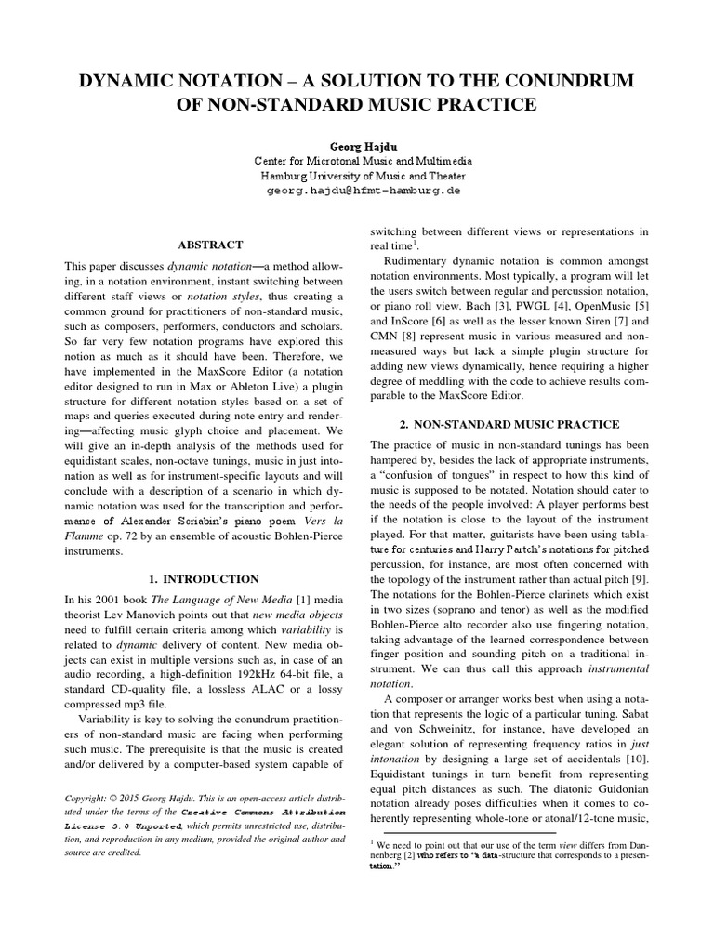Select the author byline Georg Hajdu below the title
click(x=357, y=147)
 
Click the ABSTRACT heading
click(x=210, y=245)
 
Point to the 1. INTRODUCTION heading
click(x=210, y=578)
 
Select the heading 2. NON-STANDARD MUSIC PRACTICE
click(x=510, y=424)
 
